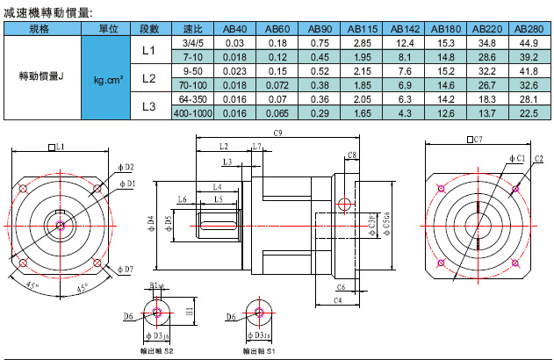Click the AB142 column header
pyautogui.click(x=405, y=29)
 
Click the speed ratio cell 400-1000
pyautogui.click(x=192, y=113)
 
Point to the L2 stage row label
pyautogui.click(x=147, y=79)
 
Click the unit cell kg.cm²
pyautogui.click(x=107, y=79)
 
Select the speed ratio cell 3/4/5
pyautogui.click(x=192, y=42)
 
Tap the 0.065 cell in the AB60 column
pyautogui.click(x=277, y=113)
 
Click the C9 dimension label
pyautogui.click(x=277, y=133)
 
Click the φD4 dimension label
pyautogui.click(x=150, y=219)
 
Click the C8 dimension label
pyautogui.click(x=351, y=155)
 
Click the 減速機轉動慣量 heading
pyautogui.click(x=48, y=11)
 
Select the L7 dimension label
pyautogui.click(x=256, y=146)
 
